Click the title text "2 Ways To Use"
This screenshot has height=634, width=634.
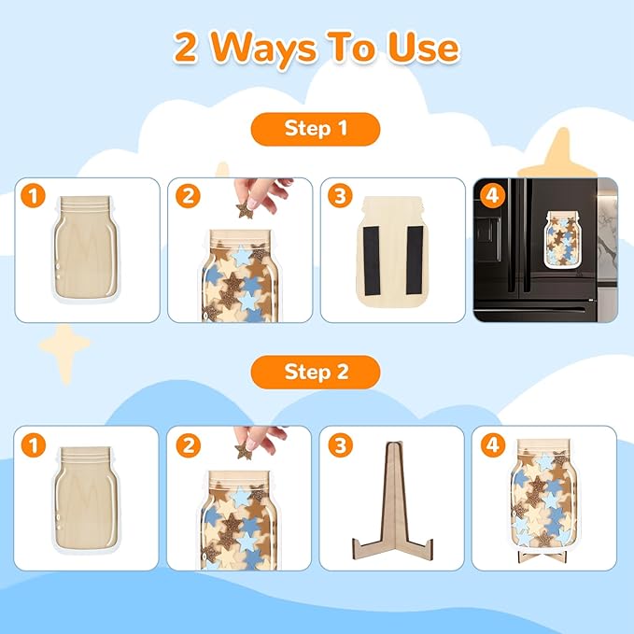[317, 48]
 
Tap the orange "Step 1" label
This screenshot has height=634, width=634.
[316, 129]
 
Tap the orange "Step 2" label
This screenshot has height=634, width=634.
[316, 372]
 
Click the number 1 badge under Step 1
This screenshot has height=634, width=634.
[35, 197]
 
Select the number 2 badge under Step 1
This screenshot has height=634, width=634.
[190, 197]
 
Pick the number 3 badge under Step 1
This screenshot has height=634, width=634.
[341, 197]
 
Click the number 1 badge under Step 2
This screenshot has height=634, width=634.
[35, 445]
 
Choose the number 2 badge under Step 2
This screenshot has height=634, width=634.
[190, 445]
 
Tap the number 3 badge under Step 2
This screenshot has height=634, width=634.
[341, 445]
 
